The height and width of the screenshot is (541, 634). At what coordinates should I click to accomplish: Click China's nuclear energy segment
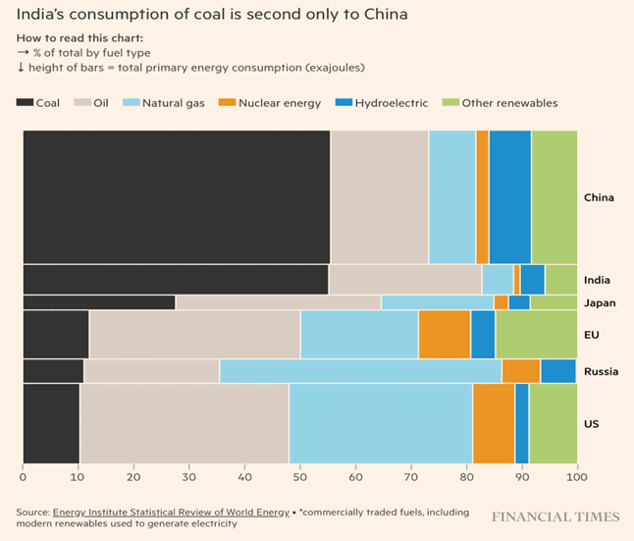click(482, 196)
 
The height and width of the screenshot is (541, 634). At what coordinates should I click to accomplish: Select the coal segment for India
click(176, 279)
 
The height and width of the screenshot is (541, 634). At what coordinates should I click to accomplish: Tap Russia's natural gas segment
click(360, 370)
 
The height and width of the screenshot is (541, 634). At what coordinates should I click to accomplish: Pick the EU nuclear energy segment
click(445, 334)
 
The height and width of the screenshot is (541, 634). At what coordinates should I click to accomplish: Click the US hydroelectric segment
click(522, 422)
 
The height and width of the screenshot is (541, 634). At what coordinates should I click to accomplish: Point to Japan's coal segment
click(98, 302)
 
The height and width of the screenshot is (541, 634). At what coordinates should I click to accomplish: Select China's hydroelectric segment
click(509, 196)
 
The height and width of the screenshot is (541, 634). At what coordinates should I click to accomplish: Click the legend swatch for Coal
click(26, 102)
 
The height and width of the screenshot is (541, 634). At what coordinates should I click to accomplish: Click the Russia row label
click(600, 371)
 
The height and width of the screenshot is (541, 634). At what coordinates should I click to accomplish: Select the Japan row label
click(599, 302)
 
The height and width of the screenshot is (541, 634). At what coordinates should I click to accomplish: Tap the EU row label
click(591, 335)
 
